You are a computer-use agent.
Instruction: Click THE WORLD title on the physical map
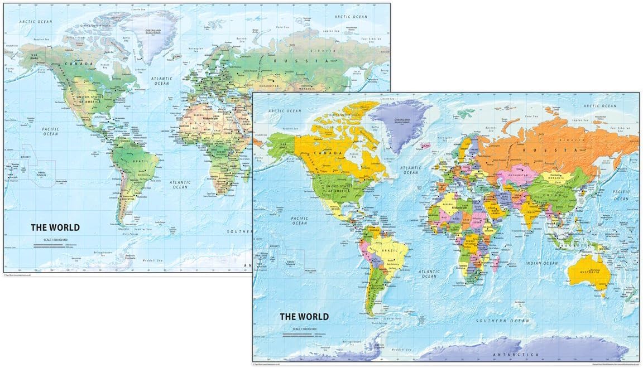point(55,227)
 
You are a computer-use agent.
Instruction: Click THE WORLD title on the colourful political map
point(304,317)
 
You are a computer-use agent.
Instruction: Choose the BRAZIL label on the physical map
point(138,161)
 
